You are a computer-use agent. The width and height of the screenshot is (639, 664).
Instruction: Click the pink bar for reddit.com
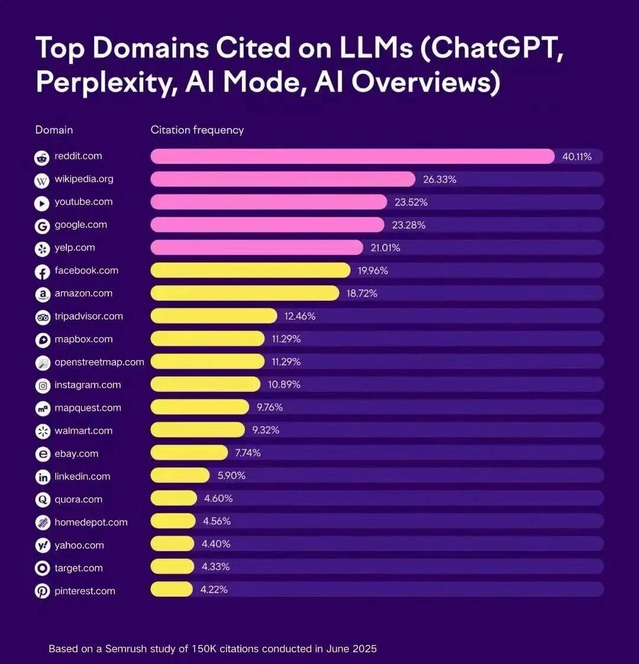[352, 156]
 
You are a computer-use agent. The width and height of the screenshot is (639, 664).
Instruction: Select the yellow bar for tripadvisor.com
[214, 316]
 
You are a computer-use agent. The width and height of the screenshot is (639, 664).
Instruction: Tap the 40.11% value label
[577, 157]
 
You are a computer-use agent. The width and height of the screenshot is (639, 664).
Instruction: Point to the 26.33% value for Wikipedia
[440, 179]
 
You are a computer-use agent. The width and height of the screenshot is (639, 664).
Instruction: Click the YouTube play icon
[42, 203]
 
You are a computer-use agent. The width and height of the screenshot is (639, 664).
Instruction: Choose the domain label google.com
[80, 225]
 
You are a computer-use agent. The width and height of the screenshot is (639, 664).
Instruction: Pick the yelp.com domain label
[75, 248]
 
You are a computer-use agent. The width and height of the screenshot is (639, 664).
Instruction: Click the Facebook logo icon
[42, 272]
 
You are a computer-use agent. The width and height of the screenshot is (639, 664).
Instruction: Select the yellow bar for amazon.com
[244, 294]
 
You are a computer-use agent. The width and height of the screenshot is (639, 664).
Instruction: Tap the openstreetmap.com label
[99, 362]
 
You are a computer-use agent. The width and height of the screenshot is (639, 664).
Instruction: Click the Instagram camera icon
[42, 386]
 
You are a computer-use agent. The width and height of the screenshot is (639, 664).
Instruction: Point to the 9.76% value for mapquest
[270, 407]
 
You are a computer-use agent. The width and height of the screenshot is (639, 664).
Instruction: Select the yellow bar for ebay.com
[189, 453]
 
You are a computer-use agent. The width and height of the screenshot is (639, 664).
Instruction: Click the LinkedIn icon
[42, 477]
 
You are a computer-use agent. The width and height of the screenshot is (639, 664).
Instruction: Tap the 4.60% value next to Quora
[218, 499]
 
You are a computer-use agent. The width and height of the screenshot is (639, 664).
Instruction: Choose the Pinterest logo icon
[42, 591]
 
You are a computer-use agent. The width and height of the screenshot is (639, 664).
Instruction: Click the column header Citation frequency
[197, 130]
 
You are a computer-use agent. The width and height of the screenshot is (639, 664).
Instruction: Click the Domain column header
[54, 130]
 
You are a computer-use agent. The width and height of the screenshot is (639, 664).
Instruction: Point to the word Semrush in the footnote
[127, 649]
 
